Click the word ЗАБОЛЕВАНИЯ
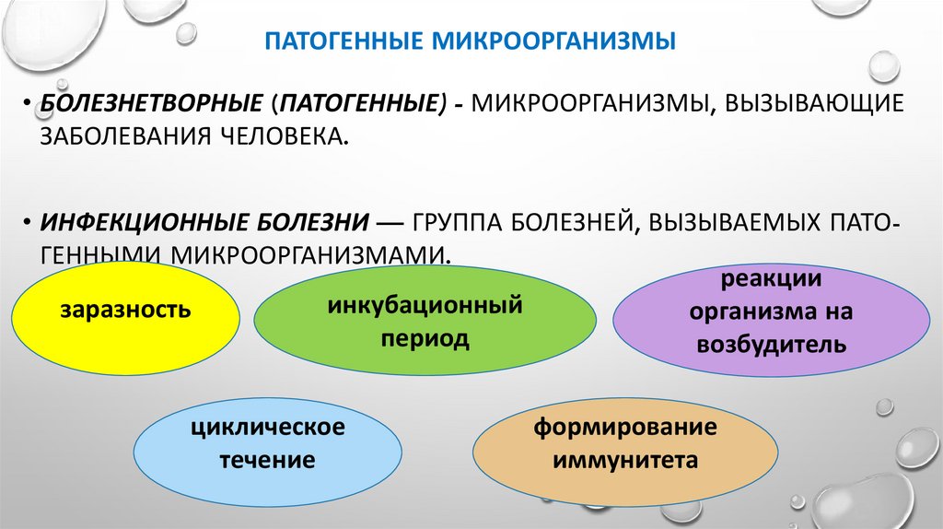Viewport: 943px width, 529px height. (123, 137)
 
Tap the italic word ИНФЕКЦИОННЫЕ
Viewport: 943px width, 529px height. (135, 222)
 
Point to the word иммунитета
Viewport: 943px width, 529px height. (624, 459)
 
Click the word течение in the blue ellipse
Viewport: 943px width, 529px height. (267, 459)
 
